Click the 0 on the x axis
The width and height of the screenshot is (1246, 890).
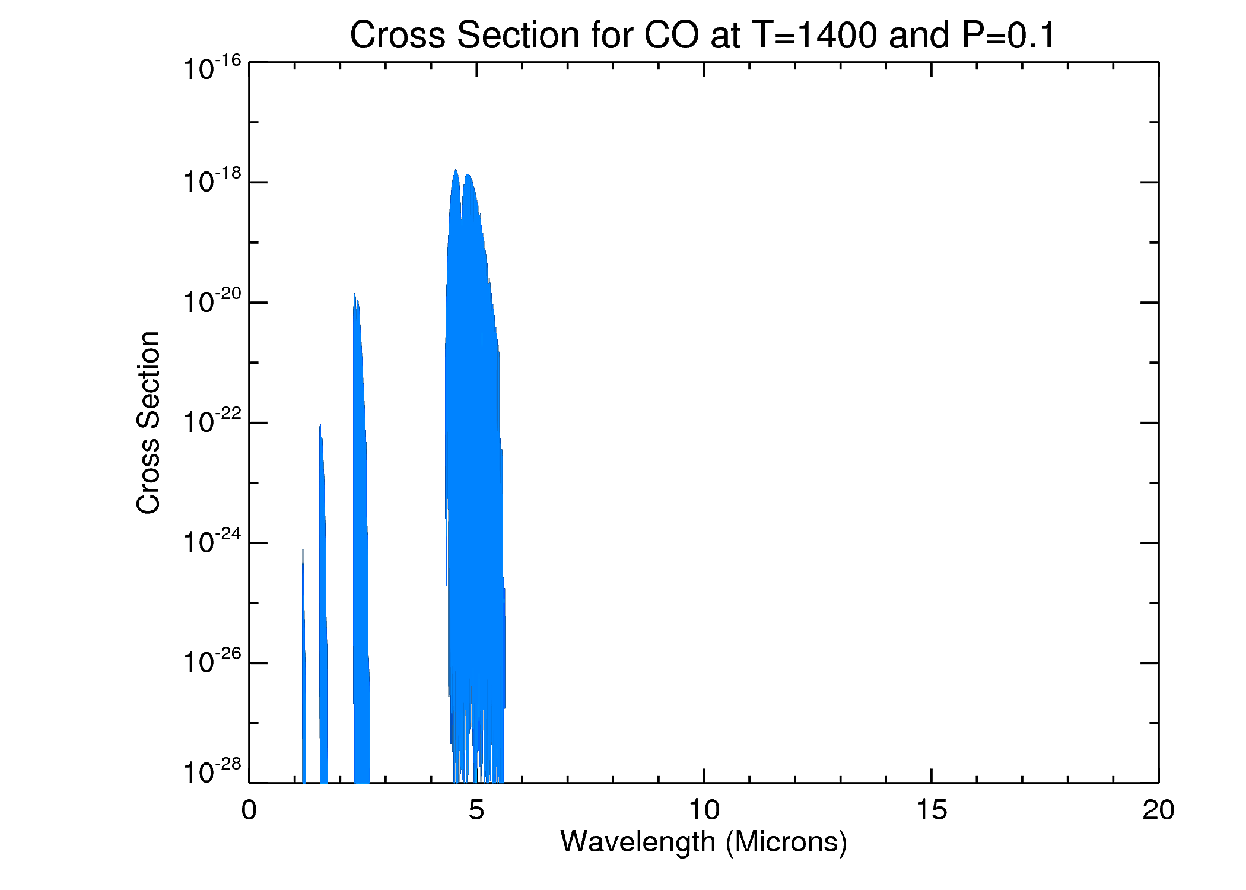pos(249,810)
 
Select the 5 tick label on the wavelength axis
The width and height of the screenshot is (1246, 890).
pos(476,810)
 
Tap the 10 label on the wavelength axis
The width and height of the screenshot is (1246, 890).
pos(704,810)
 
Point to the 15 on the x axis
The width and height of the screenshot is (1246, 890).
pos(932,810)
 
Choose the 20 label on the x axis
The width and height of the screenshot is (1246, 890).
pos(1158,810)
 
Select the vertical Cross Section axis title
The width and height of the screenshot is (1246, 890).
pos(148,422)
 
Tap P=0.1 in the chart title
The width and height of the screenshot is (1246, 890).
pos(1009,36)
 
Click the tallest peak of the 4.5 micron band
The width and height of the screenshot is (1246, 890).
pos(456,170)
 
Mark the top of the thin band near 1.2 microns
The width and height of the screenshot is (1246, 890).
pos(303,550)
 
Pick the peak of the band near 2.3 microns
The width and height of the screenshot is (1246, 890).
pos(354,294)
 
